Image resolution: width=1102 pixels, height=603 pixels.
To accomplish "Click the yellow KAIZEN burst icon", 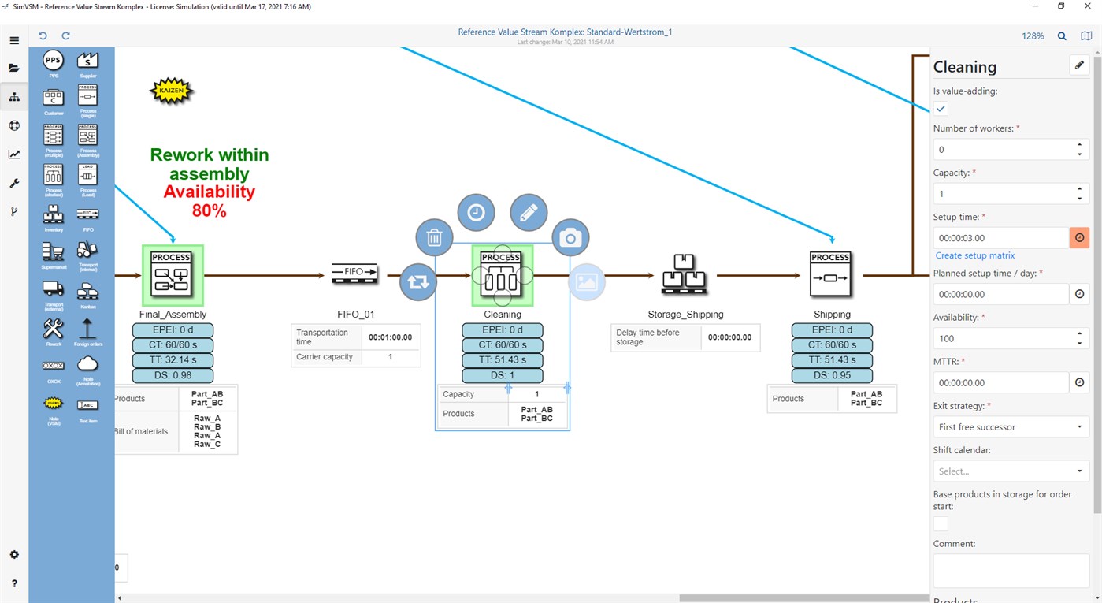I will [172, 91].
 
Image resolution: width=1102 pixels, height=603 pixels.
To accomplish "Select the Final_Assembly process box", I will [173, 275].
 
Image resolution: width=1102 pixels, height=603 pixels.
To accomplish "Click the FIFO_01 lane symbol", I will [354, 273].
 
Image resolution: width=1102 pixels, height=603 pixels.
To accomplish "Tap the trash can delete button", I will [434, 238].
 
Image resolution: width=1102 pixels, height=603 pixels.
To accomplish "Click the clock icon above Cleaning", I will [477, 212].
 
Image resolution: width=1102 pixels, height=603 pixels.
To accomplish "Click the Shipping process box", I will [831, 274].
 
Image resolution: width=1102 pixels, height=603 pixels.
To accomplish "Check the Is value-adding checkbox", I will [941, 109].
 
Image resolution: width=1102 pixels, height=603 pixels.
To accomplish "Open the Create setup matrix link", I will [974, 255].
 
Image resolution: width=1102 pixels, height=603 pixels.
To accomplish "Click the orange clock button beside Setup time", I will [1079, 238].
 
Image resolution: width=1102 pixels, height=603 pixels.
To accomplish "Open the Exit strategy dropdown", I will [1011, 427].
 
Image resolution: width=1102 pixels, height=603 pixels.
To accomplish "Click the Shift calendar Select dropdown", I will [1011, 471].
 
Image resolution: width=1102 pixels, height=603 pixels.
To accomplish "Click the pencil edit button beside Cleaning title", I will [1079, 65].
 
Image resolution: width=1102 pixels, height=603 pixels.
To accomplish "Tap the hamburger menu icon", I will [14, 40].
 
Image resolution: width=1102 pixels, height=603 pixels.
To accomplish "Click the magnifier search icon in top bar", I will [1062, 36].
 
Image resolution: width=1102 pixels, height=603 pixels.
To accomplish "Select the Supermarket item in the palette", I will [53, 253].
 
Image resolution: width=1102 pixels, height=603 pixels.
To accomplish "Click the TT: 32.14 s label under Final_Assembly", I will [172, 360].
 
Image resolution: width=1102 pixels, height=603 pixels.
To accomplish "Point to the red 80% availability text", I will [209, 210].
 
